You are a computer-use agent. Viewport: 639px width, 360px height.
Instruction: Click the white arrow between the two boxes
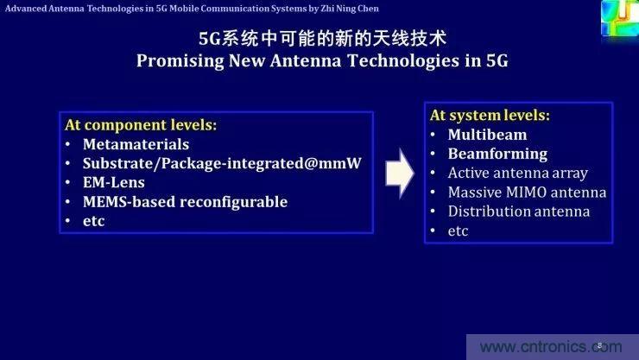click(398, 173)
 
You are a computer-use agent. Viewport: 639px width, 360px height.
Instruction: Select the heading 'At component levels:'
click(141, 124)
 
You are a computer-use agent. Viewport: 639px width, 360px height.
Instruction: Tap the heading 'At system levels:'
click(490, 115)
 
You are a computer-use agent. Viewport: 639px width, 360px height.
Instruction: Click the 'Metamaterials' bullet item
click(136, 144)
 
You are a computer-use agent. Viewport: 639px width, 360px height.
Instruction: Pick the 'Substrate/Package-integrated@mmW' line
click(222, 163)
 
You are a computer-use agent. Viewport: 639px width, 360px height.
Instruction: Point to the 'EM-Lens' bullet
click(113, 182)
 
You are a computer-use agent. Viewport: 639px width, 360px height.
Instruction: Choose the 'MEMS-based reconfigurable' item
click(185, 201)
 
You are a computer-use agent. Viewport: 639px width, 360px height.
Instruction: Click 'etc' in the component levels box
click(93, 220)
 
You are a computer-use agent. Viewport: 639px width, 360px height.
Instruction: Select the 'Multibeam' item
click(487, 135)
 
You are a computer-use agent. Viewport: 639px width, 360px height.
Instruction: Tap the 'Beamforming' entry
click(497, 154)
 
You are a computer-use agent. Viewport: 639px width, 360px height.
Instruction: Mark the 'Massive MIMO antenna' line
click(527, 192)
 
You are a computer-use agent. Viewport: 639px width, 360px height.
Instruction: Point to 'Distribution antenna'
click(518, 211)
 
